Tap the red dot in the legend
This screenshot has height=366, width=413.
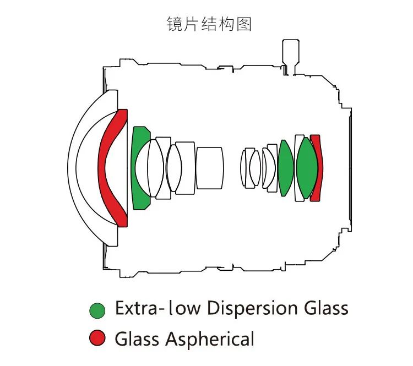(x=97, y=337)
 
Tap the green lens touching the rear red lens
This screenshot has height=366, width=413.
(x=306, y=168)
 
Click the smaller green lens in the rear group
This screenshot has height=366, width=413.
(x=285, y=168)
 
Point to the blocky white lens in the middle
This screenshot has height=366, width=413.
(x=210, y=167)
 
